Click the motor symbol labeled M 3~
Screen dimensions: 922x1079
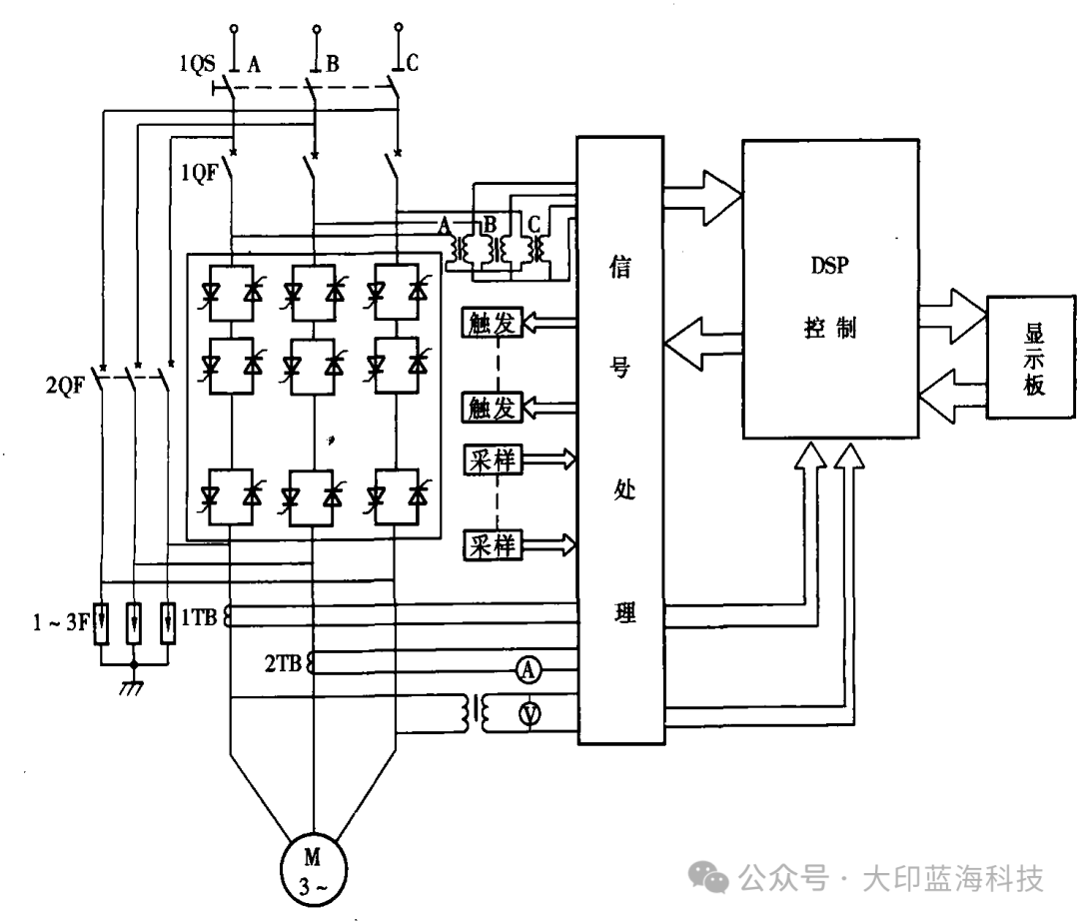(313, 866)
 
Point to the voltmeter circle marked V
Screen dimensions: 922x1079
(530, 712)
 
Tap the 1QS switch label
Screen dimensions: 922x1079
(199, 65)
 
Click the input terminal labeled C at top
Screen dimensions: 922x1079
(399, 26)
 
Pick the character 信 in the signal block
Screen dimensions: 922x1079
(619, 269)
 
